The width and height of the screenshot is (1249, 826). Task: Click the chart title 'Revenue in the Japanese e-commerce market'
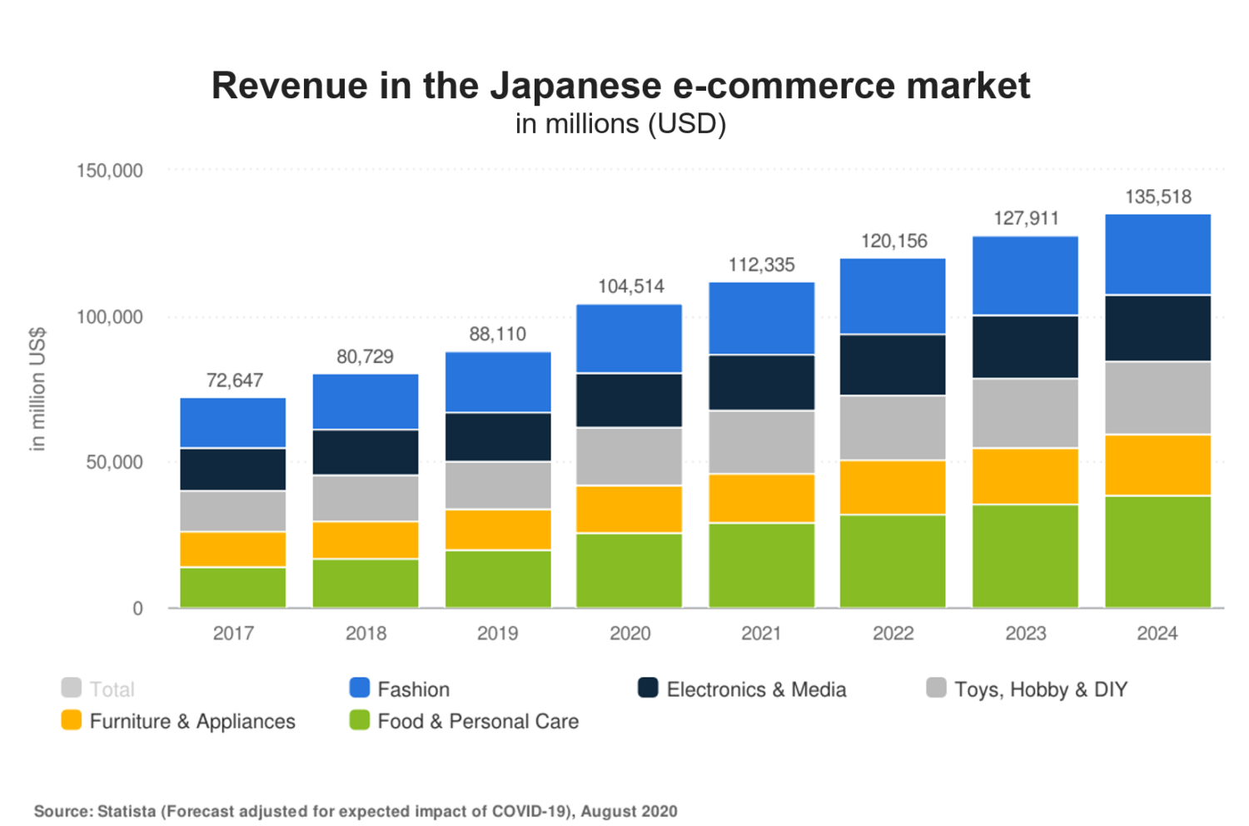pos(620,86)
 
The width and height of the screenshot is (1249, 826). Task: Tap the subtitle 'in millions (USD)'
pos(620,124)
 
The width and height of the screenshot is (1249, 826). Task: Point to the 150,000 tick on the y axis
pos(110,171)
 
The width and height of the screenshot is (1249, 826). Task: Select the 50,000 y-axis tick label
pos(115,462)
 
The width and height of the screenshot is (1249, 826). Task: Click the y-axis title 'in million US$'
pos(37,390)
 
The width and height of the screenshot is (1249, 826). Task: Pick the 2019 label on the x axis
pos(497,634)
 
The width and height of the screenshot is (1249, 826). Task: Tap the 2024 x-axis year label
pos(1157,634)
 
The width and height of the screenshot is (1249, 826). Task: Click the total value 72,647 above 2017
pos(234,381)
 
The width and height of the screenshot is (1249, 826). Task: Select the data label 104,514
pos(630,286)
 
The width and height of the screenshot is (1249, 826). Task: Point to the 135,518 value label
pos(1157,197)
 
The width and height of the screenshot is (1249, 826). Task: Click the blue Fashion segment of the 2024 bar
pos(1157,255)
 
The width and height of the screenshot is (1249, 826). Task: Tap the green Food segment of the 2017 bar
pos(233,587)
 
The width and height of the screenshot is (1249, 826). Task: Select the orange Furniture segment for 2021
pos(761,498)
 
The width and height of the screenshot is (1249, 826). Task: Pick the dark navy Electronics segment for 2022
pos(893,365)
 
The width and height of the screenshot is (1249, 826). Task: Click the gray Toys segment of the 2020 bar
pos(629,456)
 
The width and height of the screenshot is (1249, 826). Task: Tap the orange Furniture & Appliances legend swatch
pos(72,720)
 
